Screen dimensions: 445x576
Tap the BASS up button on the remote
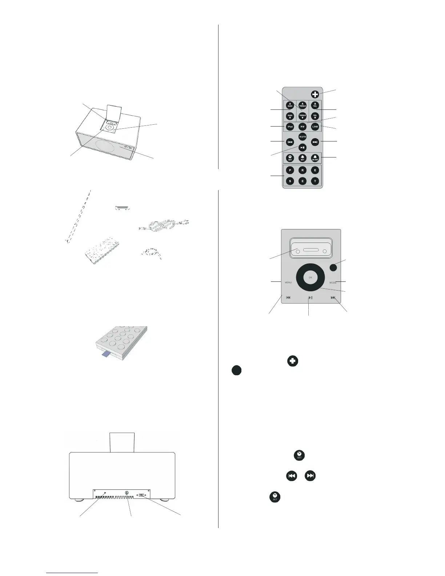[x=290, y=105]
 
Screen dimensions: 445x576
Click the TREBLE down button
[x=302, y=116]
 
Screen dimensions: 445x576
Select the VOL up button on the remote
[x=315, y=105]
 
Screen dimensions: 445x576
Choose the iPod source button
[x=290, y=127]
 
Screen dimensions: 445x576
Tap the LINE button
[x=315, y=127]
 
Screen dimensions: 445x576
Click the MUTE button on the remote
[x=302, y=137]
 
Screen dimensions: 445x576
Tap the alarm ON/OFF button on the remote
[x=315, y=158]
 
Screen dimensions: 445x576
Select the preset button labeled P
[x=290, y=170]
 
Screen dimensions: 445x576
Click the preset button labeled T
[x=315, y=181]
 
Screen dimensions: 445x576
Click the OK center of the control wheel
[x=310, y=277]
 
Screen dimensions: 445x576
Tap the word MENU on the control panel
[x=288, y=283]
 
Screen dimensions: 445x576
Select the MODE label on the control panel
[x=333, y=283]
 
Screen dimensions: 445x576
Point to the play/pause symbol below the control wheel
[x=310, y=298]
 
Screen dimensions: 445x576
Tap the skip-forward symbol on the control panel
[x=333, y=298]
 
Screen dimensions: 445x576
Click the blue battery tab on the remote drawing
[x=106, y=353]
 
